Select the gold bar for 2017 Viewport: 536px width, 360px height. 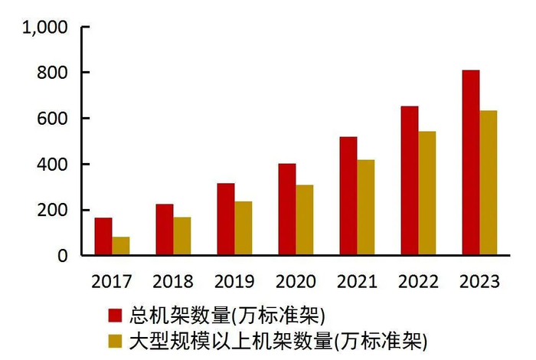(121, 246)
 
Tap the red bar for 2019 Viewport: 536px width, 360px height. (226, 219)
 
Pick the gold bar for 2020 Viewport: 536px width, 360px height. (305, 220)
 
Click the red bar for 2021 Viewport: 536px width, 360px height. (348, 196)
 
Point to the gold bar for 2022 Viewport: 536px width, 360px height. (427, 193)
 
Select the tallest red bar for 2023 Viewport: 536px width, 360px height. (470, 162)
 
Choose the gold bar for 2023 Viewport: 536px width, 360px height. (488, 183)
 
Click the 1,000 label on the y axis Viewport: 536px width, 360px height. (45, 28)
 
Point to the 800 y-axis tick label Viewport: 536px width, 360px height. (54, 73)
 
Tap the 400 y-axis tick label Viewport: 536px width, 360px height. (54, 165)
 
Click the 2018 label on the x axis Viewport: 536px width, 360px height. (173, 282)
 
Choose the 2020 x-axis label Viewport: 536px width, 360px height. (296, 282)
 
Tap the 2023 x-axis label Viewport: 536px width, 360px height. (479, 282)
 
